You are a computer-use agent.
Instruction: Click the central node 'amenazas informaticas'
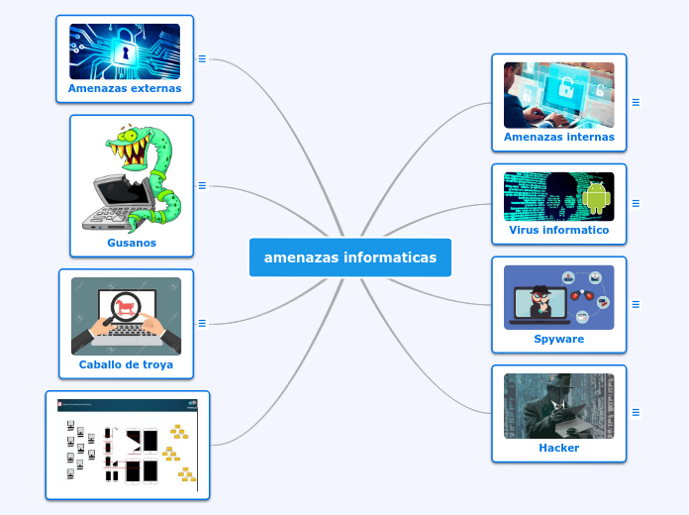[x=350, y=257]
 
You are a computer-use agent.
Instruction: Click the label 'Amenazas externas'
[x=125, y=88]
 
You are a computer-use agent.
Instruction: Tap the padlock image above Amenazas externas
[x=125, y=51]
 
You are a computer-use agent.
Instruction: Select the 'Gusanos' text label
[x=132, y=243]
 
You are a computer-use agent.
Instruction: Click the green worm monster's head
[x=134, y=149]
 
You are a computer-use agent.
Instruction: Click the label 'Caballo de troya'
[x=126, y=364]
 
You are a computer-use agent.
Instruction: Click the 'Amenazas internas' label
[x=558, y=137]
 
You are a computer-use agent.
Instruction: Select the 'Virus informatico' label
[x=558, y=230]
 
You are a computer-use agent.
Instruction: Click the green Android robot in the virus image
[x=596, y=197]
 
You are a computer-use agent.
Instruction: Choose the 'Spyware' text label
[x=558, y=339]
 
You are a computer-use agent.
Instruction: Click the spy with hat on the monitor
[x=540, y=300]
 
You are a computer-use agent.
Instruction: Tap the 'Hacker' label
[x=558, y=448]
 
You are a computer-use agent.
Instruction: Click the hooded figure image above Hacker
[x=558, y=405]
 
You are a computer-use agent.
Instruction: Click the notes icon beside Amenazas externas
[x=202, y=58]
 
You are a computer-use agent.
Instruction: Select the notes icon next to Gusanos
[x=202, y=185]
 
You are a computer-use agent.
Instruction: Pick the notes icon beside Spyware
[x=636, y=304]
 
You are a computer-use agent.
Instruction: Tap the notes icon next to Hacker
[x=636, y=412]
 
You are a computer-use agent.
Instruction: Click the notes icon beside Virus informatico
[x=636, y=203]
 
